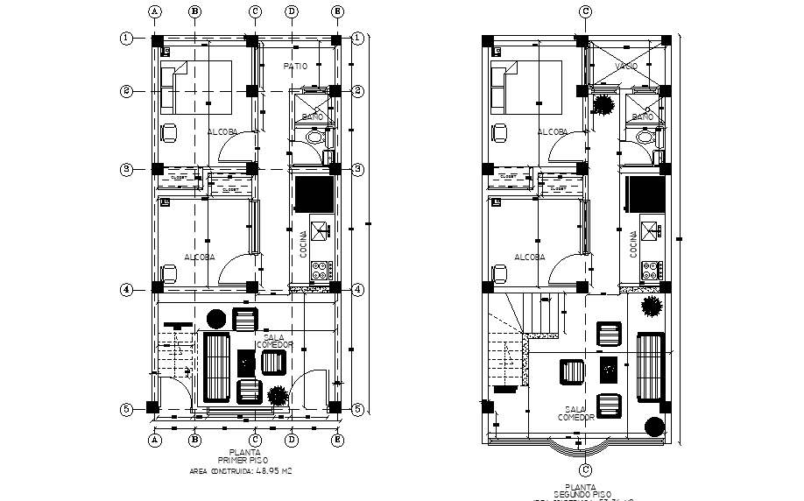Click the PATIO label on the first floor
[294, 67]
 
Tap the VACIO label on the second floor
[625, 67]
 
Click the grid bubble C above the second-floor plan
[586, 11]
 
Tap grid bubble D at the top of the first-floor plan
[291, 11]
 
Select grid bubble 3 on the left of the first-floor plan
[127, 168]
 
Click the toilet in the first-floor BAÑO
[316, 138]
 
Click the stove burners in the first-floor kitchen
[320, 271]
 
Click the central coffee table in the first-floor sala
[246, 360]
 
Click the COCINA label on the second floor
[633, 243]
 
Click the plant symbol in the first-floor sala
[278, 395]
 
